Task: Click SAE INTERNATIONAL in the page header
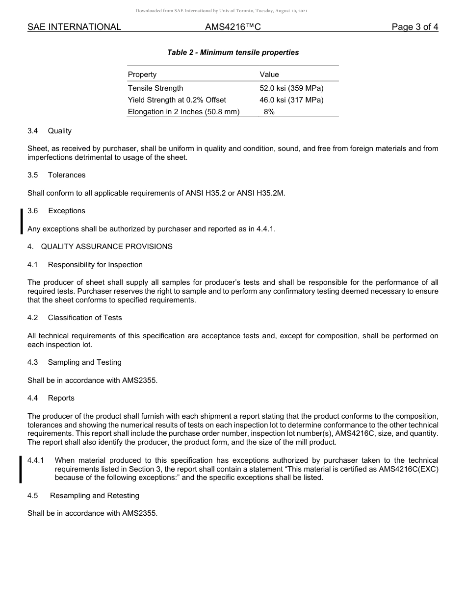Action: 74,27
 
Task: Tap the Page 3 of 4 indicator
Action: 414,27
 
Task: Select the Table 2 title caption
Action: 233,52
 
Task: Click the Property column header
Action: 142,75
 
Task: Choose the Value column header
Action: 269,75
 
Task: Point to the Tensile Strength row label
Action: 155,88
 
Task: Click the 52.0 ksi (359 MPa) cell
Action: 291,88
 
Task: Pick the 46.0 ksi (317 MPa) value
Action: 291,100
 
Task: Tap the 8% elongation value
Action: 269,112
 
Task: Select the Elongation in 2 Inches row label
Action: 183,112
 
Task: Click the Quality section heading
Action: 60,131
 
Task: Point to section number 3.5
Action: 33,175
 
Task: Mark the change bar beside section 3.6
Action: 21,222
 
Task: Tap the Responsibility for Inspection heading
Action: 95,265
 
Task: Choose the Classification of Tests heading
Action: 85,318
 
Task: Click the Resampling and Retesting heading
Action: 95,496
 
